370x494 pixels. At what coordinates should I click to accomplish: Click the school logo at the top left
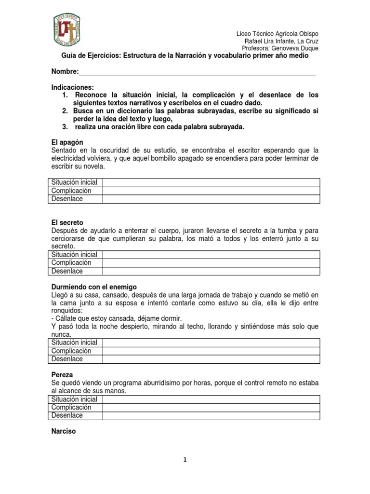point(66,33)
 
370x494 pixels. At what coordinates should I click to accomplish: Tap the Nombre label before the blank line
point(65,72)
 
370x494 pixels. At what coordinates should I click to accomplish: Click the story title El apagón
point(67,142)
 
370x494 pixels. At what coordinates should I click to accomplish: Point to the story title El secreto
point(67,222)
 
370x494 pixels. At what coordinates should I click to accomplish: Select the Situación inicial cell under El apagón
point(74,182)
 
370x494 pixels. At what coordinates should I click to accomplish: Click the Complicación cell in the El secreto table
point(71,263)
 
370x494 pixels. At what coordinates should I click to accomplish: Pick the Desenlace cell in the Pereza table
point(67,415)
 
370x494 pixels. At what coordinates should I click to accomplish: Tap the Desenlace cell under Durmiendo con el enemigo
point(67,359)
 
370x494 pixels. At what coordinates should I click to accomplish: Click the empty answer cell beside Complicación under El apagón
point(211,191)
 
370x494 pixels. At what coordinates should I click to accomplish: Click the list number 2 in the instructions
point(64,110)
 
